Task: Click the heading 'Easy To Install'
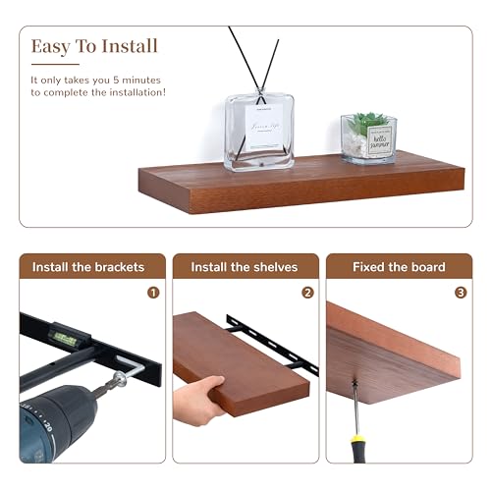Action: pos(94,46)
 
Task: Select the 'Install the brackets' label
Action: pos(88,267)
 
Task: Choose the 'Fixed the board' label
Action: pos(400,267)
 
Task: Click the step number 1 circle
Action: pos(153,292)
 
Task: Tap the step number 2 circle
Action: pos(307,292)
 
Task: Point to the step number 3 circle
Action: pos(461,292)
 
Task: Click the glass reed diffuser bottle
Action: pos(260,133)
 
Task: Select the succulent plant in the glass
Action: pos(369,125)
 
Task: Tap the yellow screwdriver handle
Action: pos(362,448)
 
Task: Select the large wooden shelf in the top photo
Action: pos(295,187)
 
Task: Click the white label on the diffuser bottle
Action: pos(263,126)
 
